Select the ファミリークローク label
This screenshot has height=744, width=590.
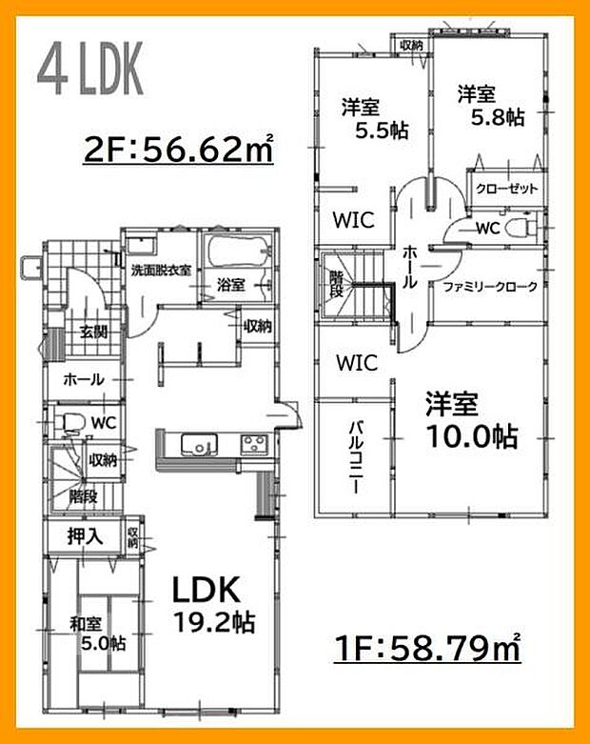(x=490, y=286)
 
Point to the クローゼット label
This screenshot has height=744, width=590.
(x=507, y=189)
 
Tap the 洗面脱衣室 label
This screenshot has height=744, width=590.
(x=161, y=270)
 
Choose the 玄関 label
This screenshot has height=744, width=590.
(x=92, y=332)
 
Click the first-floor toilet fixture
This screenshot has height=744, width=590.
(x=71, y=420)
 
